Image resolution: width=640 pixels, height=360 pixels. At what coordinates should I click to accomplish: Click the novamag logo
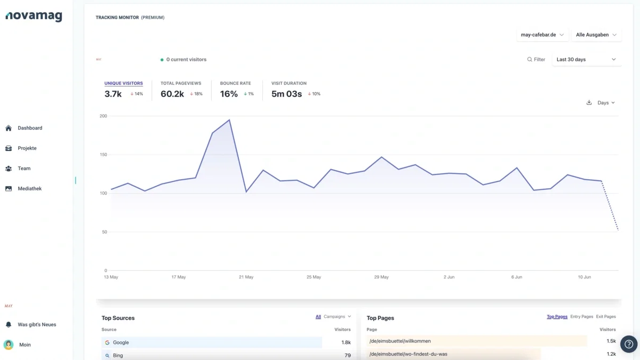click(x=34, y=16)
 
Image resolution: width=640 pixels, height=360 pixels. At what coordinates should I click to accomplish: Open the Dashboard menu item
click(x=30, y=128)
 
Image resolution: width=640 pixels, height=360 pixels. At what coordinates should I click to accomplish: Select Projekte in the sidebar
click(x=27, y=148)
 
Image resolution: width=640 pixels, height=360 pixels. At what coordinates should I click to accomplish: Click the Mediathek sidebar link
click(x=29, y=189)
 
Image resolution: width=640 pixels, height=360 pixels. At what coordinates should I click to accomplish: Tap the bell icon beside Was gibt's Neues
click(x=9, y=325)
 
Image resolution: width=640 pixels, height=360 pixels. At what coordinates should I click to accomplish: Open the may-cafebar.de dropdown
click(x=542, y=35)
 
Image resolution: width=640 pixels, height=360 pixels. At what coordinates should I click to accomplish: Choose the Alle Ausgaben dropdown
click(x=596, y=35)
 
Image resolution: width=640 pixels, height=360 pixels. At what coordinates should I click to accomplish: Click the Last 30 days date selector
click(x=587, y=59)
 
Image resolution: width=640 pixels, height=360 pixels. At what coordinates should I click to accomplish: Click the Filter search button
click(x=536, y=59)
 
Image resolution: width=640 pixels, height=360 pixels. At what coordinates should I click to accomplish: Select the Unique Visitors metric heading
click(x=123, y=83)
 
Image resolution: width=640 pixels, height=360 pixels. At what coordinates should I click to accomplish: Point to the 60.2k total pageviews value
click(x=172, y=94)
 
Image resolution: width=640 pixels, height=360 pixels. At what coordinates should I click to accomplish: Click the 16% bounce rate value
click(x=229, y=94)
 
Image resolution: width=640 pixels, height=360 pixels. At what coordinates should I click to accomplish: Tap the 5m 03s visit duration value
click(x=286, y=94)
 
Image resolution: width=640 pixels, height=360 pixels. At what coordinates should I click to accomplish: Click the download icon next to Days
click(x=589, y=102)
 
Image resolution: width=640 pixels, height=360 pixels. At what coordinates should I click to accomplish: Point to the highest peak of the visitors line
click(x=229, y=120)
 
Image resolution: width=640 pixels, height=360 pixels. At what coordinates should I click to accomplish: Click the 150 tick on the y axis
click(x=103, y=155)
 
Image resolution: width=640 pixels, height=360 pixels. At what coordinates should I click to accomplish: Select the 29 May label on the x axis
click(x=381, y=277)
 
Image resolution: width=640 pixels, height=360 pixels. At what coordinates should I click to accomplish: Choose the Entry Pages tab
click(x=581, y=317)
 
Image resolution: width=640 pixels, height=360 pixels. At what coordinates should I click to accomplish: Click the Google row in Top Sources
click(x=212, y=342)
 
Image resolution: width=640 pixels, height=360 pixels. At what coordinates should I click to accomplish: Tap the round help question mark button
click(x=629, y=344)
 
